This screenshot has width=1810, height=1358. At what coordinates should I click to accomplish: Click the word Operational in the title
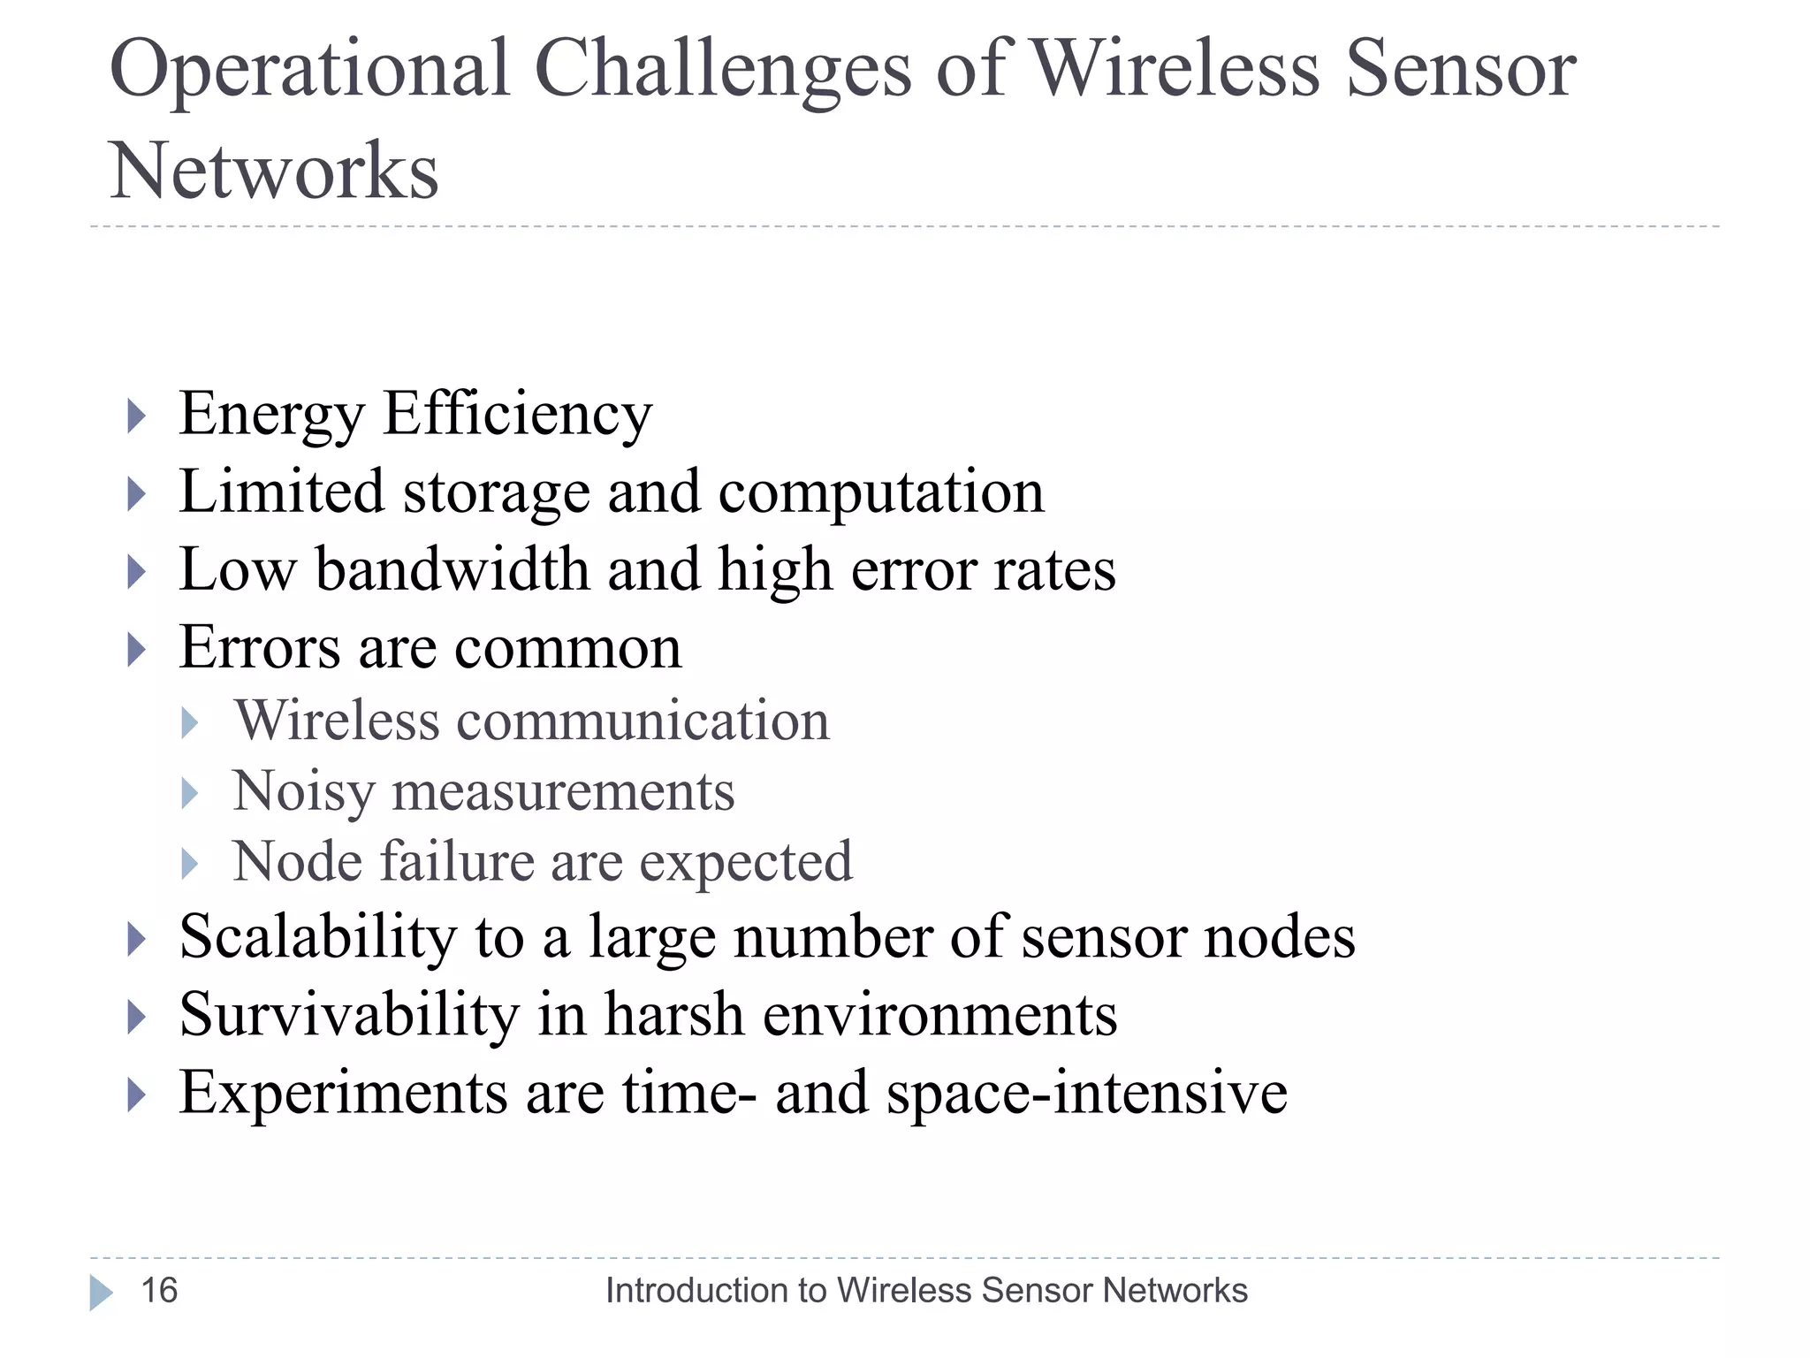point(310,71)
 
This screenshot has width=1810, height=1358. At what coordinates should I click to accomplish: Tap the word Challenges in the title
point(722,71)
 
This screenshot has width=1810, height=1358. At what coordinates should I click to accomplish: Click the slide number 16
point(159,1291)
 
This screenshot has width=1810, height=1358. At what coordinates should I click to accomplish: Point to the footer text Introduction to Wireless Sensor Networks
point(926,1291)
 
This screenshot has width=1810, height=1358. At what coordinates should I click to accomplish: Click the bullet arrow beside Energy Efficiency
point(136,415)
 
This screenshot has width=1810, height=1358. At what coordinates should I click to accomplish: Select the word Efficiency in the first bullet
point(517,415)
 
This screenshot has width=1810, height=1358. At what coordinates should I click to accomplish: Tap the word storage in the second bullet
point(496,492)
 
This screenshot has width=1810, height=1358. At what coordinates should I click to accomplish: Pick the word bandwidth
point(452,569)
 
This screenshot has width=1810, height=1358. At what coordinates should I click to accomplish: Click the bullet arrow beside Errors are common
point(136,650)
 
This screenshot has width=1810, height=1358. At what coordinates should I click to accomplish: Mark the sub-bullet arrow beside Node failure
point(189,863)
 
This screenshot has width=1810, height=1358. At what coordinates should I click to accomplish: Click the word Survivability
point(349,1014)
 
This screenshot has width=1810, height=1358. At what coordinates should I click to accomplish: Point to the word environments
point(939,1015)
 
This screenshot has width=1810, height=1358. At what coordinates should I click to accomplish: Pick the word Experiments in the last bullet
point(344,1093)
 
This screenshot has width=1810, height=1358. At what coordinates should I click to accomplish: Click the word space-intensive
point(1086,1093)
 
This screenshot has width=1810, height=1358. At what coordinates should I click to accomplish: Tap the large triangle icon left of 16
point(101,1293)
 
